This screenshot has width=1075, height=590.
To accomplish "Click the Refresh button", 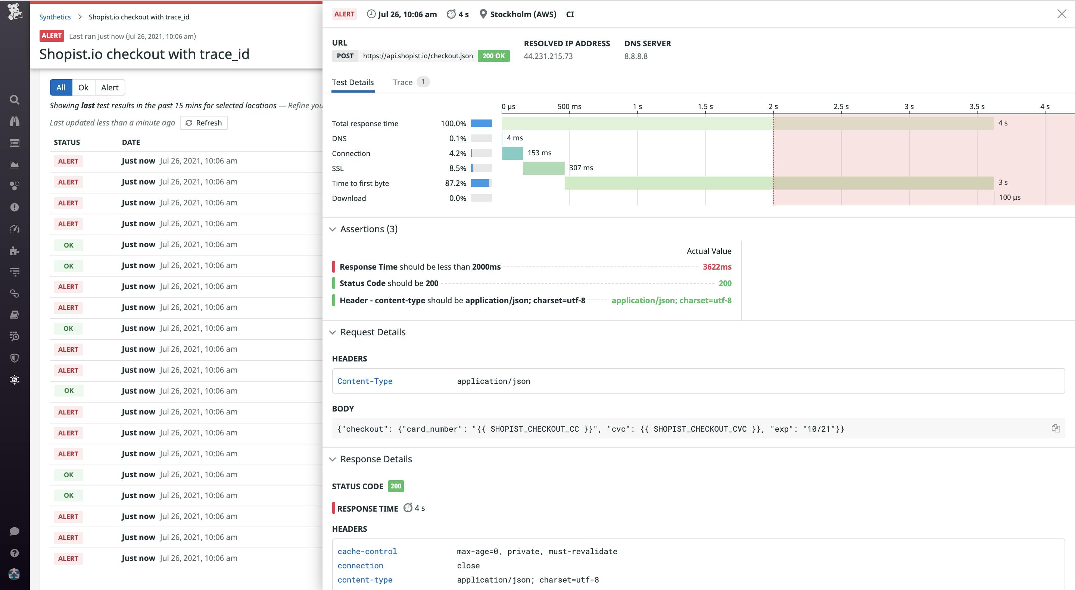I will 204,123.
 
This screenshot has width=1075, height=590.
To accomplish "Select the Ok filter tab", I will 83,87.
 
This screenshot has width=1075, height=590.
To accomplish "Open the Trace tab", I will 403,82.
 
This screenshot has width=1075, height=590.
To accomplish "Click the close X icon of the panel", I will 1062,14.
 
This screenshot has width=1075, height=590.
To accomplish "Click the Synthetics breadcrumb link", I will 54,17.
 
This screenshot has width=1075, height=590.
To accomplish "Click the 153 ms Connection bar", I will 512,153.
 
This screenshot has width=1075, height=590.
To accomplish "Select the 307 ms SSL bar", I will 543,168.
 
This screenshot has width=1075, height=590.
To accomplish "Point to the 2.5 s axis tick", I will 841,107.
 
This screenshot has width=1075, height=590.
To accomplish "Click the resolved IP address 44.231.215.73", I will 548,56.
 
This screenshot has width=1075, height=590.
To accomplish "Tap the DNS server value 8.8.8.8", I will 636,56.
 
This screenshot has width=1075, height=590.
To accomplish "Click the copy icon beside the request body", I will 1055,428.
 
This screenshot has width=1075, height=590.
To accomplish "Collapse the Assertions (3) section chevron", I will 333,229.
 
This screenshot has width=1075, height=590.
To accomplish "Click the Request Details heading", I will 373,332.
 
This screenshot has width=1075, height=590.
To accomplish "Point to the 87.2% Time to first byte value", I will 455,183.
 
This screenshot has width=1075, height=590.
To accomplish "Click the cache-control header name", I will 367,552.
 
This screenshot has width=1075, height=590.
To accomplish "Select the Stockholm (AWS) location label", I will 523,14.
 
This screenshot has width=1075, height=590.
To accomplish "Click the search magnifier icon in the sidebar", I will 15,100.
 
